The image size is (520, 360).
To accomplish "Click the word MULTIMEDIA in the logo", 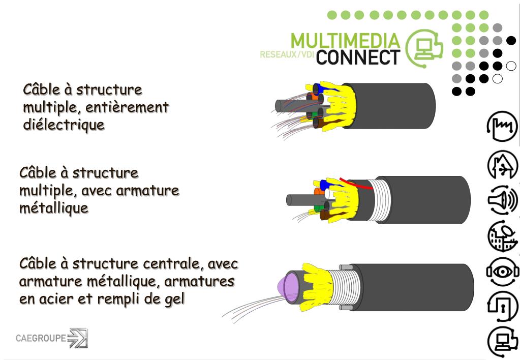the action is coord(345,41).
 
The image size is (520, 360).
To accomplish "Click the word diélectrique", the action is coord(64,125).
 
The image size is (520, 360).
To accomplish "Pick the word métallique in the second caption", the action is coord(54,208).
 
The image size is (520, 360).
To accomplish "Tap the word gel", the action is coord(173,298).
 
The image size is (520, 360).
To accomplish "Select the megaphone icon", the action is coord(502,200).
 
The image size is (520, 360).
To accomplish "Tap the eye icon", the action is coord(502,272).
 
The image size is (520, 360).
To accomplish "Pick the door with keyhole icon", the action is coord(502,306).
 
